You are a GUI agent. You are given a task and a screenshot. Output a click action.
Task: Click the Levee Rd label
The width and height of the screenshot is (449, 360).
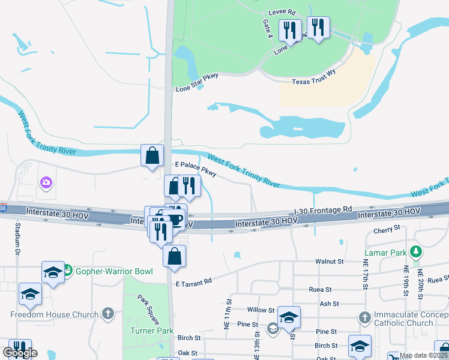283,12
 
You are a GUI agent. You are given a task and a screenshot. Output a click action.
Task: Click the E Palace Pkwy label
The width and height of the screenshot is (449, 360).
195,168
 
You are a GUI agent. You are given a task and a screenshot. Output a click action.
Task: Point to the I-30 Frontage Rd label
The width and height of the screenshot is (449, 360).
323,211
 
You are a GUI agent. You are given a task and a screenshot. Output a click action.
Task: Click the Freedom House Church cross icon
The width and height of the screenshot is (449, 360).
107,314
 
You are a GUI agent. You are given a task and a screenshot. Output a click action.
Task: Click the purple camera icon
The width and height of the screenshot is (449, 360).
45,182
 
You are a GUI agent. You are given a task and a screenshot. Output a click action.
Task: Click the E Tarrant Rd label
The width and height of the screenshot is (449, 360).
194,282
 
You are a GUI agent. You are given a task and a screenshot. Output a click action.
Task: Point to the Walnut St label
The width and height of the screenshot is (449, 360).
330,262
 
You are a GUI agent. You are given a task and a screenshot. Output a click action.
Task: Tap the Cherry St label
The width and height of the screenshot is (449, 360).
387,229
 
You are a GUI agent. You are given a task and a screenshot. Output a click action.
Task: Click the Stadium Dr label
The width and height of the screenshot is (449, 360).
17,238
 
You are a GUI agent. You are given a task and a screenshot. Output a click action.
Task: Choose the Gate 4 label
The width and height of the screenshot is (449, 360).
268,28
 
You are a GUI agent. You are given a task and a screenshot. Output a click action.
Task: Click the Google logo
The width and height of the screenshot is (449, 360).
20,353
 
